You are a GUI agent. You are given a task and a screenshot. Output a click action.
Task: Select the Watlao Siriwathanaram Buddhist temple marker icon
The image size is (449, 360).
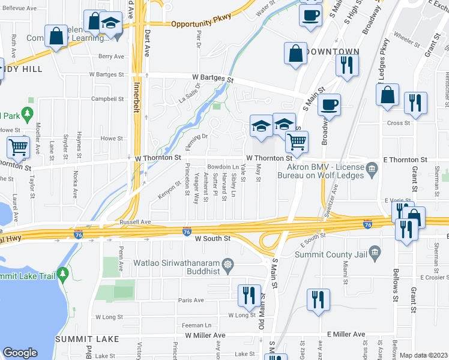(228, 264)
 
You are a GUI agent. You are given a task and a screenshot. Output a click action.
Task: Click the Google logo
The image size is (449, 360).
(20, 352)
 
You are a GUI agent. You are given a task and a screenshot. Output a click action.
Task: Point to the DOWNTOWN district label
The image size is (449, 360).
(331, 52)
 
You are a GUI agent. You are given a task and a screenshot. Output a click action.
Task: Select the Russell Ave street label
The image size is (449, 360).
(118, 221)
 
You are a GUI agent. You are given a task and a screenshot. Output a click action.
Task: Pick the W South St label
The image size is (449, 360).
(212, 238)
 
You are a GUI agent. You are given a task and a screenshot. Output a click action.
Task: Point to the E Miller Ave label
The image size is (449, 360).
(346, 334)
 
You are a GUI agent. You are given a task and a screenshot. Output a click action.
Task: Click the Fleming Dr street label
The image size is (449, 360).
(196, 142)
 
